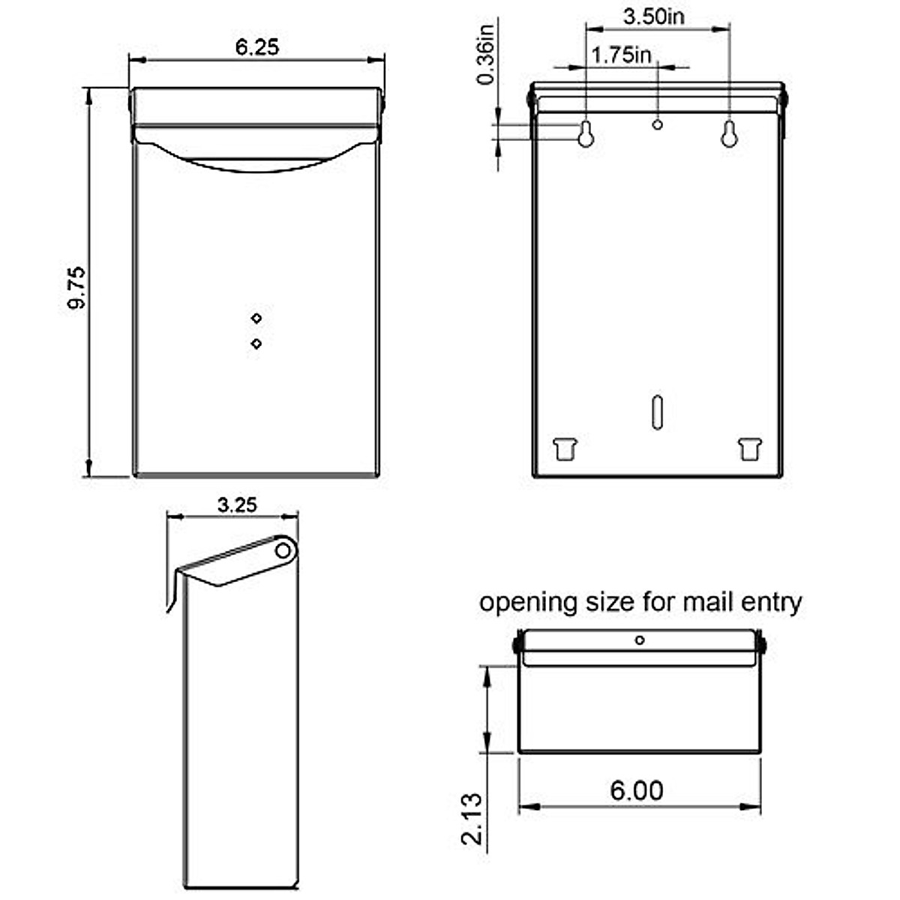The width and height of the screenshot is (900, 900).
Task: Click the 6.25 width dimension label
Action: click(x=256, y=46)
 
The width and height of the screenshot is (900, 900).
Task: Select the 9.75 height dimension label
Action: click(x=76, y=289)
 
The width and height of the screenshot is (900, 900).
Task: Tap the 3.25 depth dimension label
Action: click(x=237, y=505)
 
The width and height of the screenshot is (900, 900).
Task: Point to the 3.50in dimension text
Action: click(x=653, y=16)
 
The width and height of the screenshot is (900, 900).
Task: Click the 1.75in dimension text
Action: click(x=621, y=55)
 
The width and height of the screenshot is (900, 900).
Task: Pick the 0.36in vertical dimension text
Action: click(x=486, y=55)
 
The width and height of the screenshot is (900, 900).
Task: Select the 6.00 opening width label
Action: click(x=636, y=790)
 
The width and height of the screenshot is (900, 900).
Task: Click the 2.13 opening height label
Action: click(x=472, y=819)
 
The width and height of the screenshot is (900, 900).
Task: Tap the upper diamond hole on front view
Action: click(x=256, y=318)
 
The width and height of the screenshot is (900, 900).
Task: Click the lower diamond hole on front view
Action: click(x=256, y=343)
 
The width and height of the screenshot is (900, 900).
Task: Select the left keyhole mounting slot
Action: click(x=586, y=133)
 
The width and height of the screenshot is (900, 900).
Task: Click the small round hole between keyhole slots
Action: click(x=658, y=124)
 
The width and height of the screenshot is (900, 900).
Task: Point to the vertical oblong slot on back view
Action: click(x=657, y=412)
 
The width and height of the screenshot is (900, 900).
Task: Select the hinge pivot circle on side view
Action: click(x=283, y=550)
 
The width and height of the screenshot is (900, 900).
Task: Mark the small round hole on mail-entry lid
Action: click(x=639, y=640)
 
